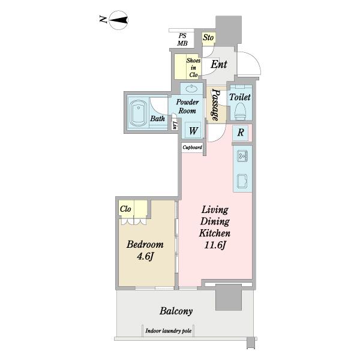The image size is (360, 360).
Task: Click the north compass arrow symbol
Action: pyautogui.click(x=118, y=20)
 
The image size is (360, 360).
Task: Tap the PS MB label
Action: pyautogui.click(x=182, y=40)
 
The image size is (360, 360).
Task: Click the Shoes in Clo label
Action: pyautogui.click(x=193, y=67)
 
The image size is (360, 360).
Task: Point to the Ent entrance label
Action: pyautogui.click(x=219, y=64)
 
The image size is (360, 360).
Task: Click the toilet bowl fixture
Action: pyautogui.click(x=241, y=110)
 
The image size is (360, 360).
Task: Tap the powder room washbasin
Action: pyautogui.click(x=191, y=88)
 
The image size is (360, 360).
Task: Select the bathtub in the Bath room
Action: pyautogui.click(x=138, y=113)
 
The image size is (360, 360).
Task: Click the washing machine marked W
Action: pyautogui.click(x=193, y=130)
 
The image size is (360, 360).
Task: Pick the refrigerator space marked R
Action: pyautogui.click(x=241, y=133)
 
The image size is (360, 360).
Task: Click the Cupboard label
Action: pyautogui.click(x=193, y=147)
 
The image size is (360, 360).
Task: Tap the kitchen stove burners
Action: pyautogui.click(x=242, y=157)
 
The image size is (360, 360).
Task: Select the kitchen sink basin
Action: pyautogui.click(x=242, y=181)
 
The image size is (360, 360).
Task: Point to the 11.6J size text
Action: pyautogui.click(x=215, y=245)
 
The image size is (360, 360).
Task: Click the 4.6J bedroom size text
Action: pyautogui.click(x=145, y=256)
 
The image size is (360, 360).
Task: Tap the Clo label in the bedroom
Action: pyautogui.click(x=125, y=209)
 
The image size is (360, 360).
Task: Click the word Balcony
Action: pyautogui.click(x=176, y=311)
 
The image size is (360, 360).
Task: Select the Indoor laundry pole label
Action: pyautogui.click(x=168, y=331)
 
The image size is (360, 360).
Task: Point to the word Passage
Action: pyautogui.click(x=215, y=104)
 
